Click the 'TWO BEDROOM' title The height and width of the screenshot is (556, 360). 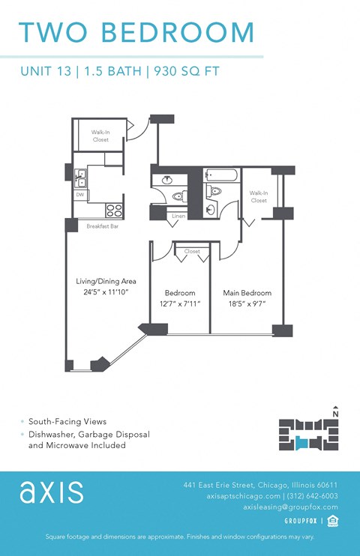[136, 32]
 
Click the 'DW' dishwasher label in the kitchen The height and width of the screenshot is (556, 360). [79, 195]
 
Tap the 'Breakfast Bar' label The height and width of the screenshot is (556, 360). [102, 226]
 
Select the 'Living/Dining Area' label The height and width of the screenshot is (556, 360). [106, 281]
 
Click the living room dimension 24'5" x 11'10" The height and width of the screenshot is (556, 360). [106, 292]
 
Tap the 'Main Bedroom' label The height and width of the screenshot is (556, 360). [247, 293]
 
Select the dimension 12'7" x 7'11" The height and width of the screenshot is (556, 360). [180, 303]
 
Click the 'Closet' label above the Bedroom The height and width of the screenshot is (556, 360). [192, 252]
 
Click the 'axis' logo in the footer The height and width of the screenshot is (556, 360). [51, 492]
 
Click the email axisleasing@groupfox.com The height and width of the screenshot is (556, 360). [290, 507]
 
